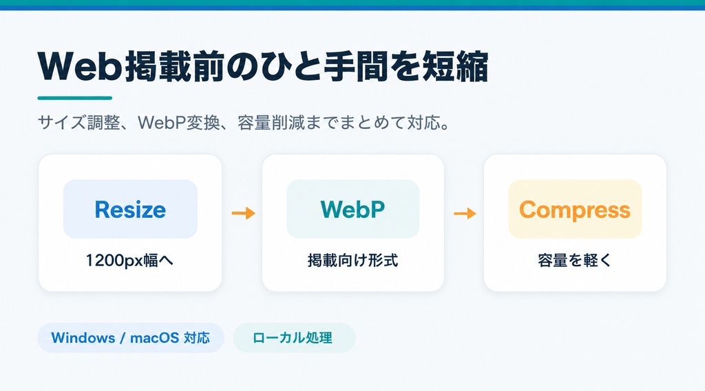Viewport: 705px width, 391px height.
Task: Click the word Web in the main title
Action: click(x=81, y=67)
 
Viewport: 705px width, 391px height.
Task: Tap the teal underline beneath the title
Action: click(x=74, y=98)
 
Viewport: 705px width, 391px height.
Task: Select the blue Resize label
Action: click(x=130, y=210)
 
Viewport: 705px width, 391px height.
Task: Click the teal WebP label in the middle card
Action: click(x=352, y=209)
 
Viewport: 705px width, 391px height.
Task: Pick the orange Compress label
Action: click(x=575, y=210)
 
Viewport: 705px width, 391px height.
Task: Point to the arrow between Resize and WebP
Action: click(x=244, y=212)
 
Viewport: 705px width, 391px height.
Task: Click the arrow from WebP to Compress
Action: click(x=465, y=212)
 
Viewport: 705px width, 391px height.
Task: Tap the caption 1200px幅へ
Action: click(x=129, y=261)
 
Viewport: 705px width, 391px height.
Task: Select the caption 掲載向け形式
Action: click(x=352, y=261)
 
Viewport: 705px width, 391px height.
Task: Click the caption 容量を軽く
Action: click(x=575, y=261)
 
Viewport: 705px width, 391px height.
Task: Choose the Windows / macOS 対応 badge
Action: click(x=130, y=338)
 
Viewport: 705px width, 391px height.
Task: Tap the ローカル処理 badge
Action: click(x=294, y=338)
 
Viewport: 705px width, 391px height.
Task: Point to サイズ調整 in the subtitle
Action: click(x=78, y=123)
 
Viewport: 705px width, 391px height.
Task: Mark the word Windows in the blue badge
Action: click(x=83, y=338)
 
